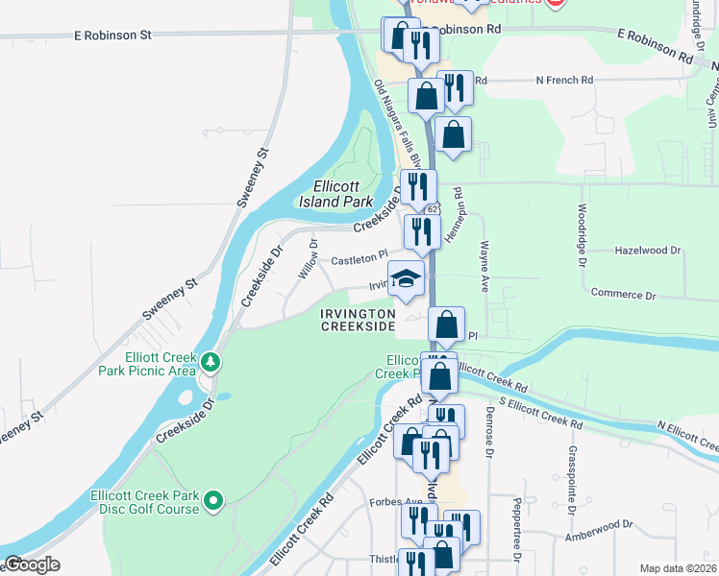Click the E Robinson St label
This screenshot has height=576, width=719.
coord(113,35)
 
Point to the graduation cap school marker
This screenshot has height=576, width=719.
coord(406,280)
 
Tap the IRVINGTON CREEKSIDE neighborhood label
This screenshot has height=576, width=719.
coord(358,321)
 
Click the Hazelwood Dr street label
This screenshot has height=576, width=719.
coord(648,251)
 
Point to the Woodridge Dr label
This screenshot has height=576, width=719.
coord(582,232)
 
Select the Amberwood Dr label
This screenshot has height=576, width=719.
coord(601,526)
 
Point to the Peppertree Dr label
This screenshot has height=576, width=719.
coord(517,529)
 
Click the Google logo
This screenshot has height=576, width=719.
coord(32,564)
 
